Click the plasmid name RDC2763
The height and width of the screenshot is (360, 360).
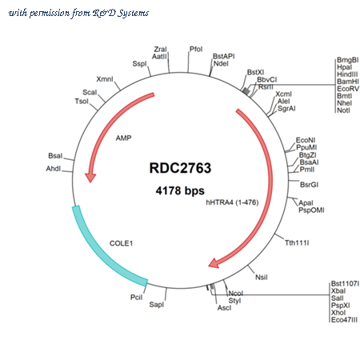click(x=180, y=168)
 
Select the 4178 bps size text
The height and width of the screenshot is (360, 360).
click(x=180, y=190)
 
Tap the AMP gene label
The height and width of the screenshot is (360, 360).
click(x=123, y=138)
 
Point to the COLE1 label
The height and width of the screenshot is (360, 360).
click(x=121, y=243)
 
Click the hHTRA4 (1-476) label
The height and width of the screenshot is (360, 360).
click(x=232, y=202)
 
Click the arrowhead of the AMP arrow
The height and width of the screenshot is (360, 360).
click(x=90, y=177)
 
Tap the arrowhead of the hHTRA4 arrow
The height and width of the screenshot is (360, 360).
click(x=214, y=263)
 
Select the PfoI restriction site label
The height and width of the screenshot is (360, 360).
click(x=196, y=49)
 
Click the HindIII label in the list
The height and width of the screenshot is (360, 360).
click(x=347, y=74)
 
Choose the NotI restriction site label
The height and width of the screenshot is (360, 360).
click(x=343, y=110)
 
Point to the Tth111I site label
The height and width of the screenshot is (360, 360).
click(x=297, y=242)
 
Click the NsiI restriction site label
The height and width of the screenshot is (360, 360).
click(x=262, y=278)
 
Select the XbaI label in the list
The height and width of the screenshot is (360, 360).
click(x=338, y=291)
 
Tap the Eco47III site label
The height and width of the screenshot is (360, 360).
click(x=344, y=320)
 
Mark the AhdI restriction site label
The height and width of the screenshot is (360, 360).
click(x=54, y=169)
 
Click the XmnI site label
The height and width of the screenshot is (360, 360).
click(x=105, y=79)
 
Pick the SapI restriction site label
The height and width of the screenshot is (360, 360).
click(x=157, y=304)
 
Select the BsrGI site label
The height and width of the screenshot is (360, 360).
click(x=309, y=185)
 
